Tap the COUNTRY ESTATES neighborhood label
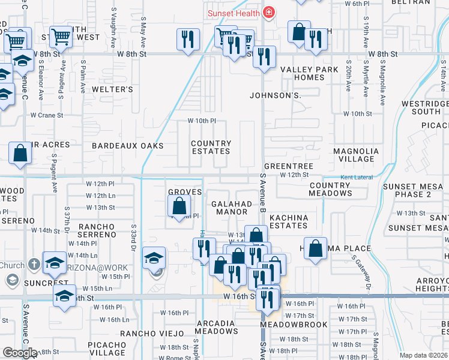(x=211, y=148)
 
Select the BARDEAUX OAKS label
(x=127, y=146)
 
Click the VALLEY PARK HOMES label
(x=310, y=74)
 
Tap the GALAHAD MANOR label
(x=231, y=208)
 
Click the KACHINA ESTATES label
(x=288, y=221)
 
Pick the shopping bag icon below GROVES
(x=179, y=206)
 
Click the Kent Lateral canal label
(x=357, y=178)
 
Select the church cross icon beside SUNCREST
(x=34, y=264)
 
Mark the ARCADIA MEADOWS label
(x=217, y=327)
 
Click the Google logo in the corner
(x=18, y=353)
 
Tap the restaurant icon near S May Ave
(x=188, y=40)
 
